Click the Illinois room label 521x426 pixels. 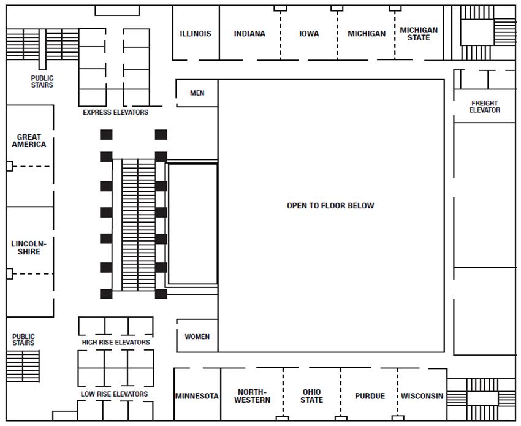pyautogui.click(x=196, y=34)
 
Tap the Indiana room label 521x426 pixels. pyautogui.click(x=249, y=34)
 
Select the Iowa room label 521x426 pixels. pyautogui.click(x=309, y=34)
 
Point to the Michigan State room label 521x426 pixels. pyautogui.click(x=419, y=34)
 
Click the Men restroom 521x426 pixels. pyautogui.click(x=197, y=93)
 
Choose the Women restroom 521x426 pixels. pyautogui.click(x=197, y=337)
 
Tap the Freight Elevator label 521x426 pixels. pyautogui.click(x=485, y=107)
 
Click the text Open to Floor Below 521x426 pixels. pyautogui.click(x=330, y=206)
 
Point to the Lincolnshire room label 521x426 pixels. pyautogui.click(x=29, y=248)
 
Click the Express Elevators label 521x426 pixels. pyautogui.click(x=116, y=113)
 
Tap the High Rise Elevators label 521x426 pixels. pyautogui.click(x=116, y=342)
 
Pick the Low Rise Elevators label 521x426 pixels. pyautogui.click(x=115, y=394)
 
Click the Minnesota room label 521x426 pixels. pyautogui.click(x=197, y=396)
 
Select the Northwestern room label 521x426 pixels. pyautogui.click(x=253, y=396)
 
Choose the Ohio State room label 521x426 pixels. pyautogui.click(x=312, y=396)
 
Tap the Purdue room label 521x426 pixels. pyautogui.click(x=370, y=396)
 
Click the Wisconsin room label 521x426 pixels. pyautogui.click(x=422, y=396)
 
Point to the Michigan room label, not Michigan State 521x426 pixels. pyautogui.click(x=367, y=34)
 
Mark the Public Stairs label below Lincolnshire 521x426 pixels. pyautogui.click(x=24, y=340)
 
